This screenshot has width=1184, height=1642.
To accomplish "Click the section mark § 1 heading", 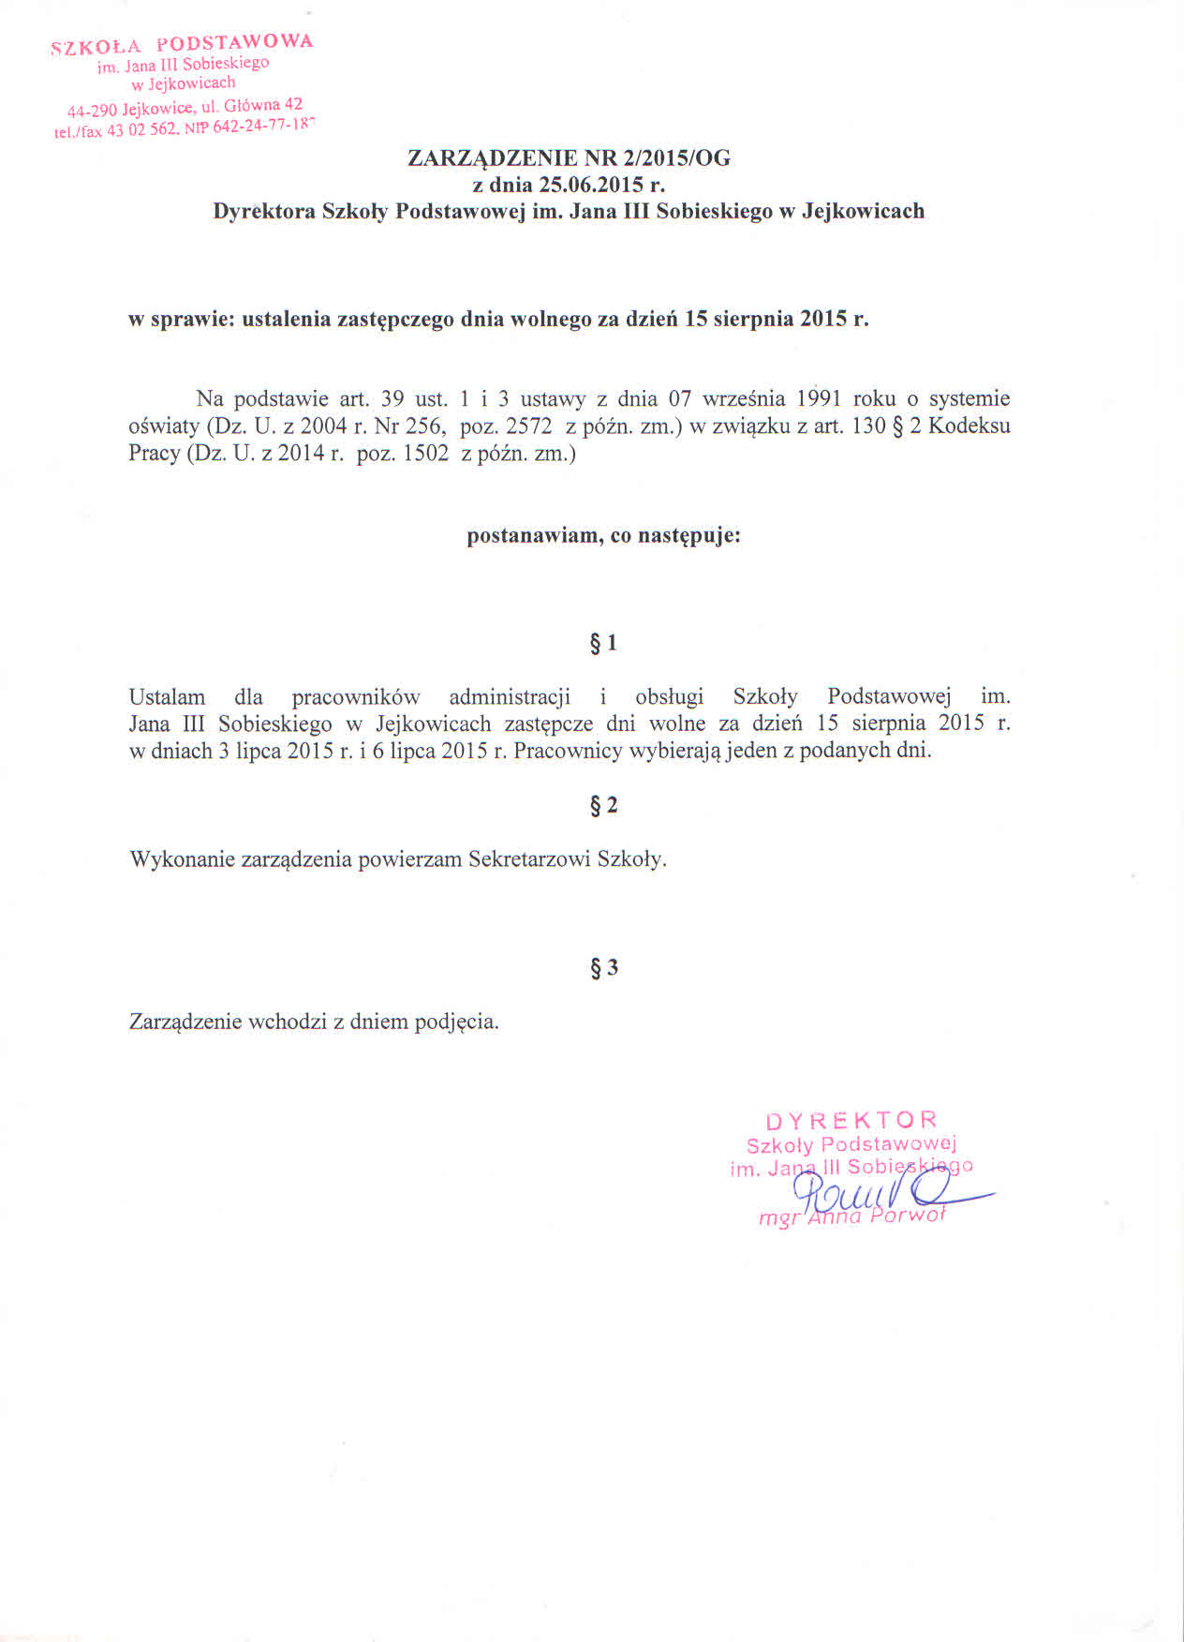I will pyautogui.click(x=603, y=643).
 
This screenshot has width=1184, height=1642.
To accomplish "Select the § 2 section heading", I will pyautogui.click(x=603, y=805).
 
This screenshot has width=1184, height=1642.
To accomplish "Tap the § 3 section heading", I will pyautogui.click(x=604, y=967).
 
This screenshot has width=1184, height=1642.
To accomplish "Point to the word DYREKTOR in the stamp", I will pyautogui.click(x=851, y=1120).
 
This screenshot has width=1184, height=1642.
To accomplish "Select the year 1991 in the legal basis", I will pyautogui.click(x=819, y=398).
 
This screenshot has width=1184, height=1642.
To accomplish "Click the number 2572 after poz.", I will pyautogui.click(x=528, y=426).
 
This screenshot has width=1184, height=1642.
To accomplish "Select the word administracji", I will pyautogui.click(x=510, y=697).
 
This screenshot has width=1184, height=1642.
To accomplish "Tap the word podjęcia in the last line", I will pyautogui.click(x=455, y=1022).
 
